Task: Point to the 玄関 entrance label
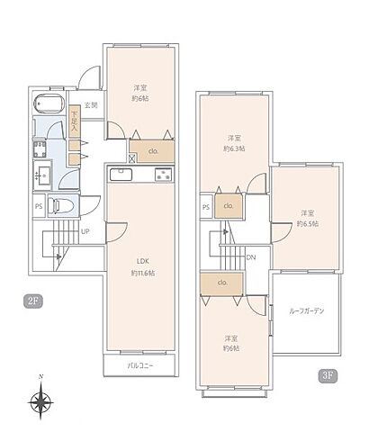click(91, 106)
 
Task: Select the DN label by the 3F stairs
click(251, 257)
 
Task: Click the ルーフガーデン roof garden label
click(307, 310)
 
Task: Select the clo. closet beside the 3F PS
click(228, 205)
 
